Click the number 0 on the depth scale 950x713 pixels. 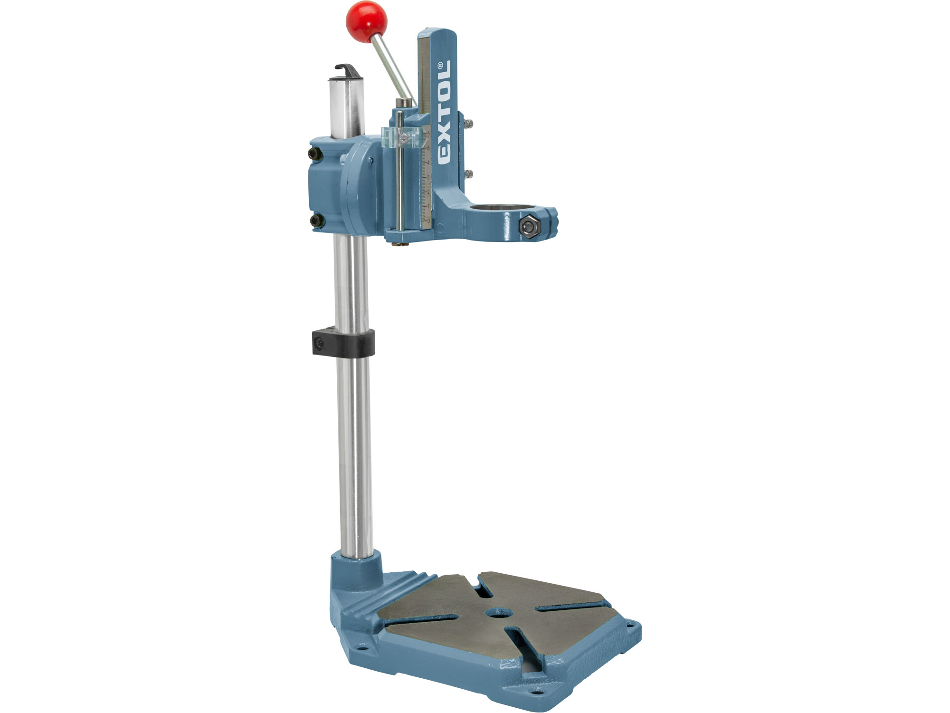pos(428,221)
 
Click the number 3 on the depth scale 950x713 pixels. pos(428,177)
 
